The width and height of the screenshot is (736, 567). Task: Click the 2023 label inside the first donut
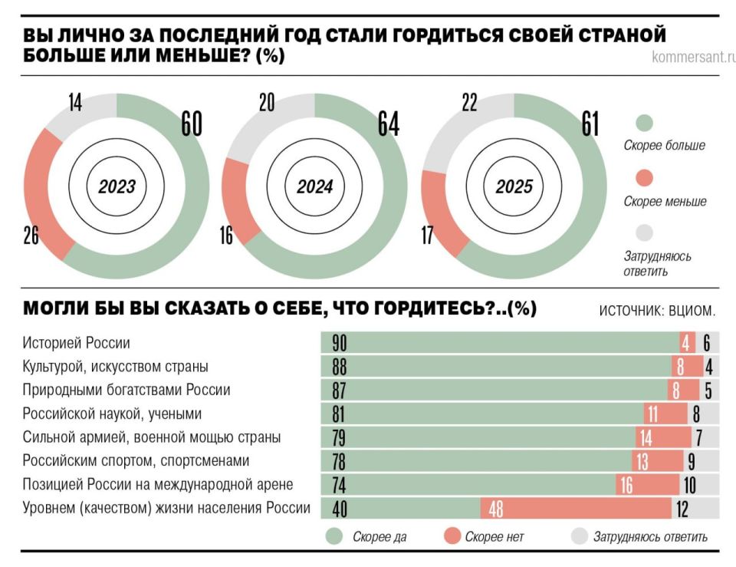(117, 186)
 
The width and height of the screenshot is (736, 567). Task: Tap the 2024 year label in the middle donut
(315, 186)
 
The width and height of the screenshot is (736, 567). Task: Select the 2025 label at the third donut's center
(514, 186)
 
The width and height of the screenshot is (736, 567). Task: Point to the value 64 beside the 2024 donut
(389, 124)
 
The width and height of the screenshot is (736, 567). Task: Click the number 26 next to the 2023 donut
(31, 236)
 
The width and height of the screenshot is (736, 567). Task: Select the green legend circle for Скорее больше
(645, 124)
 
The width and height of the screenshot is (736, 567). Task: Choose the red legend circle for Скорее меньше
(645, 179)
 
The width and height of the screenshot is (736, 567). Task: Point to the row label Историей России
(77, 343)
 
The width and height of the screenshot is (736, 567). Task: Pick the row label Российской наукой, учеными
(112, 414)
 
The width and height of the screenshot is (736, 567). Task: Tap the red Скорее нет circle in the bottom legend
(451, 536)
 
